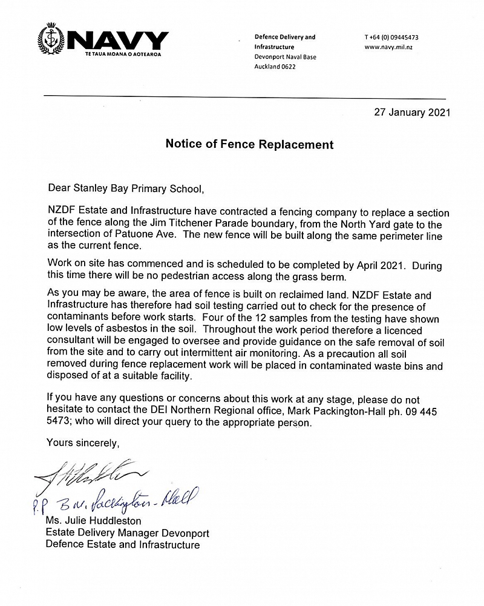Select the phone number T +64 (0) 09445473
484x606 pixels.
pyautogui.click(x=391, y=37)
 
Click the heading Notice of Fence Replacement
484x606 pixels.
pyautogui.click(x=249, y=145)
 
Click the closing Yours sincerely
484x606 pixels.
pyautogui.click(x=83, y=443)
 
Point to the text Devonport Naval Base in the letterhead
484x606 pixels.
pyautogui.click(x=285, y=57)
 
